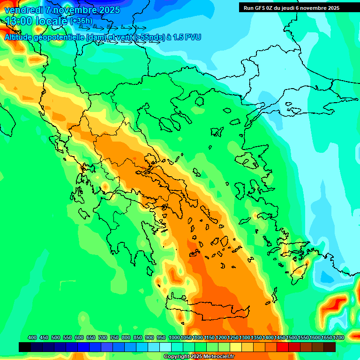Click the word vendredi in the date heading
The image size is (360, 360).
(x=24, y=10)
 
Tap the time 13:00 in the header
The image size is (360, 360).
(x=20, y=22)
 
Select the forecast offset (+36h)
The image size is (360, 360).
(x=82, y=22)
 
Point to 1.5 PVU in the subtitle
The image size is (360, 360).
(x=187, y=37)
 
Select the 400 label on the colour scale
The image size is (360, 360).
(x=32, y=338)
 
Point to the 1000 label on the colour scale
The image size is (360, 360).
(x=174, y=338)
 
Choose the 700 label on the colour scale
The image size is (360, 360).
(x=103, y=338)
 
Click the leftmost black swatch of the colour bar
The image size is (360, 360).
(x=25, y=347)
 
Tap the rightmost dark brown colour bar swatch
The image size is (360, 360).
(x=330, y=347)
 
